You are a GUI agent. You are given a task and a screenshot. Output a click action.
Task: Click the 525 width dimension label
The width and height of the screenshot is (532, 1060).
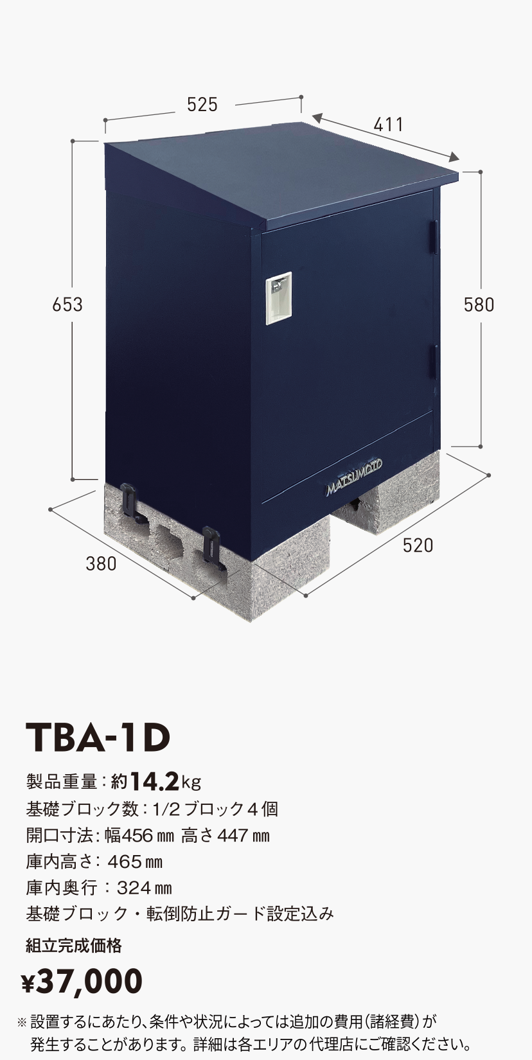tap(202, 105)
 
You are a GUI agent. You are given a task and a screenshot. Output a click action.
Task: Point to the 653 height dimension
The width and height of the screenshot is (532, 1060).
tap(67, 304)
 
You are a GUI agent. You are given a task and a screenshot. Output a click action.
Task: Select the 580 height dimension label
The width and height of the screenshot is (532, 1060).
tap(479, 304)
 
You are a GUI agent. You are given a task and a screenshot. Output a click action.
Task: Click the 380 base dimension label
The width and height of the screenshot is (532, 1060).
tap(102, 563)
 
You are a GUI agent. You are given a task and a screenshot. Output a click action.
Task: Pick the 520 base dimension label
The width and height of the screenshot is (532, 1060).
tap(418, 545)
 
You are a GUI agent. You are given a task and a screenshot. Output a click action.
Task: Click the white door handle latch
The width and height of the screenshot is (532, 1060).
tap(279, 294)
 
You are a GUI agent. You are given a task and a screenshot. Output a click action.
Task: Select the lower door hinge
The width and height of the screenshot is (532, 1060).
tap(435, 362)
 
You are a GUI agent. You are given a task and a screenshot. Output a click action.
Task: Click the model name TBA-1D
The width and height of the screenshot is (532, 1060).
tap(98, 738)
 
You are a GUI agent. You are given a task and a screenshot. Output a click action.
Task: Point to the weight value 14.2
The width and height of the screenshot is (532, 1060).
tap(154, 781)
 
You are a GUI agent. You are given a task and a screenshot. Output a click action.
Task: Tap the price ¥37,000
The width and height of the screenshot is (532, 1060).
tap(82, 981)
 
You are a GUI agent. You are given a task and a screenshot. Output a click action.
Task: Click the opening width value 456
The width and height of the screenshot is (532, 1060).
tap(136, 835)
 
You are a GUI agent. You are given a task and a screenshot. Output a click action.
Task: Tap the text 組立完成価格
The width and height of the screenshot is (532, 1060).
tap(74, 945)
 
